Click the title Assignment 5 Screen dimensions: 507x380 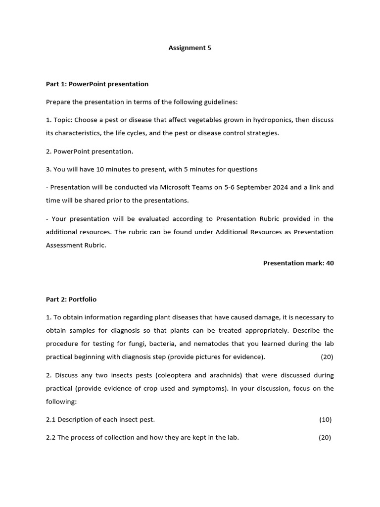pos(190,48)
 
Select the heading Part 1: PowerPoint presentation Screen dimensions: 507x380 pos(97,84)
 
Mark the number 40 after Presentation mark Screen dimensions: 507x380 pos(330,263)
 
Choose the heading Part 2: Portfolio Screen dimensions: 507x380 pos(71,299)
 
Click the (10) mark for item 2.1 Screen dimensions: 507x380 pos(325,419)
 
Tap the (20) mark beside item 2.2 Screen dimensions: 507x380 pos(325,437)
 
